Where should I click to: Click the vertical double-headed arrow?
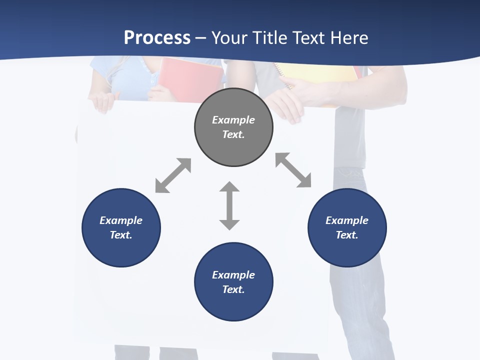(x=229, y=205)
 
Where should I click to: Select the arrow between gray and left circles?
(x=173, y=175)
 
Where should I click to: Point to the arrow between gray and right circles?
(x=293, y=170)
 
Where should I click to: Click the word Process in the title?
(x=157, y=38)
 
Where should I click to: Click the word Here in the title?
(x=348, y=38)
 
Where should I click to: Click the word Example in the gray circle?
(x=233, y=120)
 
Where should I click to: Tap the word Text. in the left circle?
(x=121, y=235)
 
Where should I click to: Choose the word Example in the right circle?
(x=347, y=220)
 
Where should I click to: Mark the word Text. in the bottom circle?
(x=233, y=289)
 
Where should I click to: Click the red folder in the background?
(x=192, y=80)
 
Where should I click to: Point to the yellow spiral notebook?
(x=320, y=75)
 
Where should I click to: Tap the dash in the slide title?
(x=200, y=38)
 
